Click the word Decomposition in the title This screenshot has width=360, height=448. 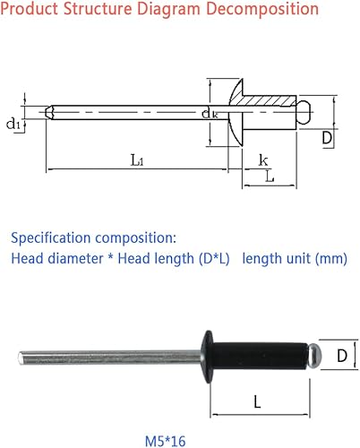(x=262, y=10)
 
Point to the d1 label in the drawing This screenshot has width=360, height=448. (x=13, y=124)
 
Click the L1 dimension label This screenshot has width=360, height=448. (x=135, y=160)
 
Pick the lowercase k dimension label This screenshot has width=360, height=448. (x=263, y=159)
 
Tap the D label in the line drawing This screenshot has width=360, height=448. (x=328, y=139)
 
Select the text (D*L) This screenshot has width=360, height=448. (x=211, y=259)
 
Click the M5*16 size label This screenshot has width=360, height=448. (x=166, y=416)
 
